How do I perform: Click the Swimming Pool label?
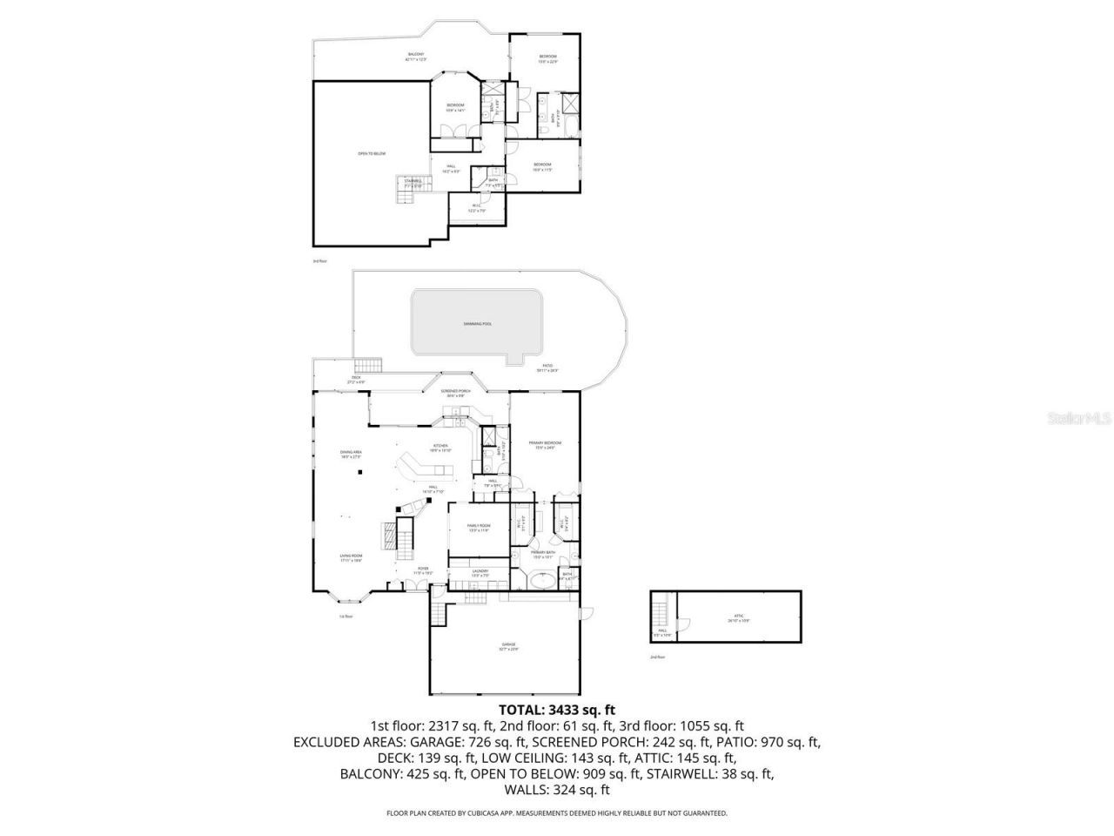coord(478,323)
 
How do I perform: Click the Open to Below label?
coord(372,153)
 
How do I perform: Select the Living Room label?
coord(351,557)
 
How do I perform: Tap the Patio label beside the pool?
coord(547,367)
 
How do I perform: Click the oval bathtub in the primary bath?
coord(543,577)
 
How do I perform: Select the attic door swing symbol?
coord(683,624)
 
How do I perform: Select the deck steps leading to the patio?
coord(368,364)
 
